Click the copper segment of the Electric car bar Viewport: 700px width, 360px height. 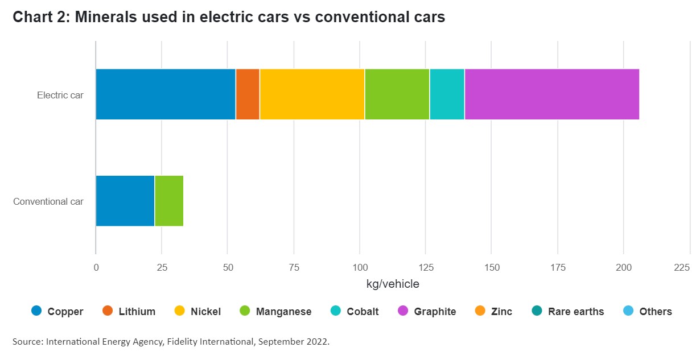click(x=166, y=94)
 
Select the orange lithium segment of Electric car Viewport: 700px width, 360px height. click(x=248, y=94)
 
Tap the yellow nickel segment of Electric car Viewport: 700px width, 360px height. click(x=312, y=94)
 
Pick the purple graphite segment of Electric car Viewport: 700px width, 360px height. click(x=551, y=94)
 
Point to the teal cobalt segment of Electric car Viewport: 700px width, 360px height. click(x=447, y=94)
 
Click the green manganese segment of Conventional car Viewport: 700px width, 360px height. click(x=169, y=201)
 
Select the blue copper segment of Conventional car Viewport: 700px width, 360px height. click(x=125, y=201)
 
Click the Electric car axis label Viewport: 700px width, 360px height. click(x=60, y=95)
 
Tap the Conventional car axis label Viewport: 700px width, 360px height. click(x=48, y=201)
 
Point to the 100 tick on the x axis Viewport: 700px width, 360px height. click(x=360, y=267)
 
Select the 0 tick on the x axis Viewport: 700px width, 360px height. click(x=96, y=267)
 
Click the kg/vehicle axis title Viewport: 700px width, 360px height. click(x=393, y=283)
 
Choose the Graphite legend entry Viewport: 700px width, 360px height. click(x=435, y=311)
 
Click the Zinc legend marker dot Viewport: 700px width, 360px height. click(x=480, y=311)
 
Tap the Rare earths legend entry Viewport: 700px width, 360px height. click(x=575, y=311)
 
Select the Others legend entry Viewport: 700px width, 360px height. click(x=655, y=311)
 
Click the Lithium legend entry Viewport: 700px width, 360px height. click(x=137, y=311)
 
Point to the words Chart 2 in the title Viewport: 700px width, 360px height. click(x=39, y=18)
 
